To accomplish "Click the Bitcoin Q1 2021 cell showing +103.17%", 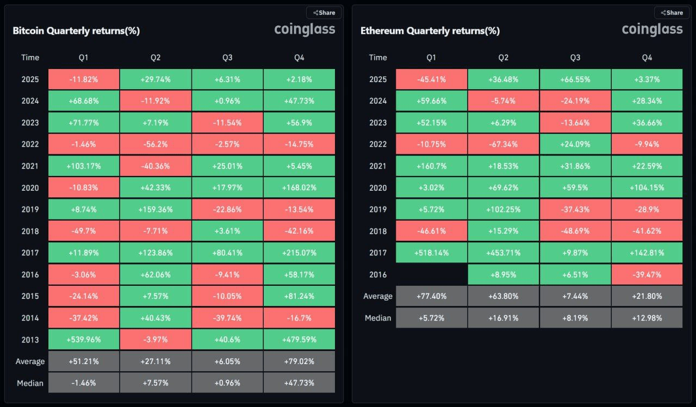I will coord(84,166).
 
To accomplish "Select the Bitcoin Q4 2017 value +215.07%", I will coord(299,253).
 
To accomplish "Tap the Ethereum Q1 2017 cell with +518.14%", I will coord(431,253).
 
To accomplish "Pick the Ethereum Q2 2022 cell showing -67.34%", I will coord(503,144).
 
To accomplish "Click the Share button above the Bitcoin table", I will coord(324,12).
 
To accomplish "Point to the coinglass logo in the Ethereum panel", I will coord(652,29).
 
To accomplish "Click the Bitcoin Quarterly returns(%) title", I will coord(76,31).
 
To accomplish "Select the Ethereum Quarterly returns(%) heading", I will coord(430,31).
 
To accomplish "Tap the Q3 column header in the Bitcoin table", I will coord(227,57).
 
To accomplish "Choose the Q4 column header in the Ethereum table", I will coord(647,57).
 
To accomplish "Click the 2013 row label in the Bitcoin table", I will coord(30,340).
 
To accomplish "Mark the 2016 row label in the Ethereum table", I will coord(378,274).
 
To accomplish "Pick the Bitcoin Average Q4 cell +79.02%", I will coord(299,361).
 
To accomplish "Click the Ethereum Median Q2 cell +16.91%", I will coord(503,318).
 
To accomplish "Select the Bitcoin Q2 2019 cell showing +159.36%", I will coord(156,209).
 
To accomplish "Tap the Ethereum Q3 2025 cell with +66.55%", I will coord(575,79).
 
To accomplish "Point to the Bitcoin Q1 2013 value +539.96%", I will coord(84,340).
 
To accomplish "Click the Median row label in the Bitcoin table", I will coord(30,383).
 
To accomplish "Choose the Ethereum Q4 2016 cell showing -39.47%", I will coord(647,274).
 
